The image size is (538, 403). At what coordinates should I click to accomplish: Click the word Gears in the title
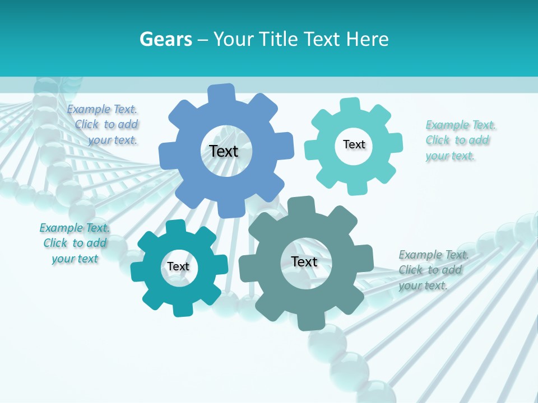166,39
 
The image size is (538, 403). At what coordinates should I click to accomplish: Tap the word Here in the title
367,39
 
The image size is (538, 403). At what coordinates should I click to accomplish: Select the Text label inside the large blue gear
224,151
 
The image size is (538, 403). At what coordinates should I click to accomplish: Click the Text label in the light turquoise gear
354,144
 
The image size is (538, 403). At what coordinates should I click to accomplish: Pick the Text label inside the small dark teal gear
178,266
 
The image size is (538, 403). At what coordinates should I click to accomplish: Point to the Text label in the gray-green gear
304,261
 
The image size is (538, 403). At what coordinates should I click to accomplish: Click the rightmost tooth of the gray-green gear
364,257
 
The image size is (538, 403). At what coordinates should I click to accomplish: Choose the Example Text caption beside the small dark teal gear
75,243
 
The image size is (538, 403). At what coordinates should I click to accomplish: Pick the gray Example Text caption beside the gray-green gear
432,270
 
